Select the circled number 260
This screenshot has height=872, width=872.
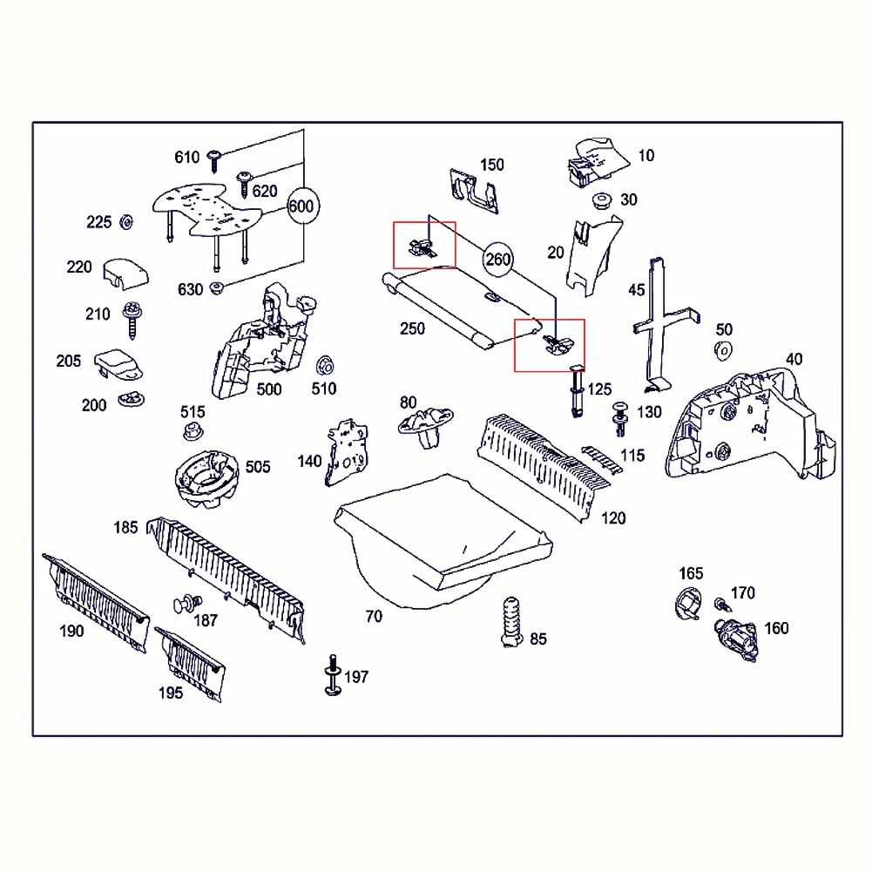tap(497, 259)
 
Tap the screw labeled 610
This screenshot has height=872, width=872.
tap(215, 158)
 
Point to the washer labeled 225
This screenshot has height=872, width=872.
tap(125, 222)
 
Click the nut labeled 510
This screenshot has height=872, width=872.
tap(324, 363)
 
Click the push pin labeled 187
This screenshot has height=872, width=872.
tap(186, 603)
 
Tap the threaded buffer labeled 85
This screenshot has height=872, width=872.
tap(512, 620)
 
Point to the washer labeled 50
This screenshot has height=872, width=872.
tap(722, 350)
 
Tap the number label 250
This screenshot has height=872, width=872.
tap(412, 328)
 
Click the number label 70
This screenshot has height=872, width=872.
tap(373, 617)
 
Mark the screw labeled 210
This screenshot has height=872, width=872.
tap(133, 318)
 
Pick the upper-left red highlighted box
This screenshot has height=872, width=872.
tap(424, 245)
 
